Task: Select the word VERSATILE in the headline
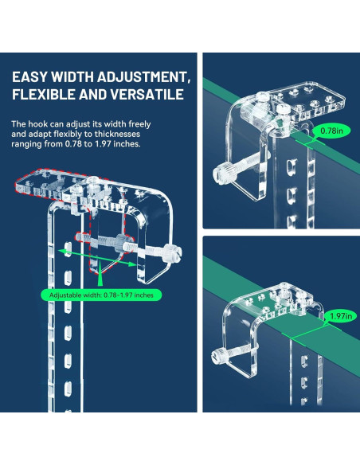[x=147, y=94]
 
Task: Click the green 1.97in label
[x=341, y=316]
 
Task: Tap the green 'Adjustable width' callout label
[x=101, y=295]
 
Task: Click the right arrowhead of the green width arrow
[x=132, y=264]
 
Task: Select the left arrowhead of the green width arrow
[x=62, y=252]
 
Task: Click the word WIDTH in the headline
[x=72, y=76]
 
